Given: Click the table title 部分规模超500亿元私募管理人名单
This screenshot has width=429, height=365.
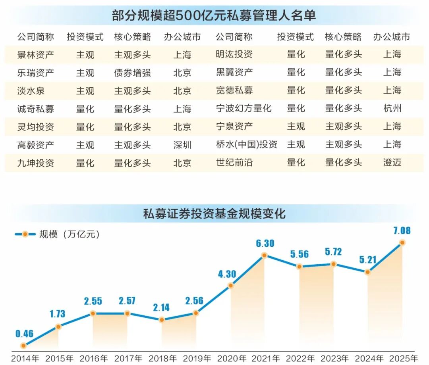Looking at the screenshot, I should tap(214, 15).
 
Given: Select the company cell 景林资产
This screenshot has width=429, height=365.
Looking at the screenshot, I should tap(36, 54).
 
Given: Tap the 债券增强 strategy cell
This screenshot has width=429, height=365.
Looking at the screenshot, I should tap(132, 73).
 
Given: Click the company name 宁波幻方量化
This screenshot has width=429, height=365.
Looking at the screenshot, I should tap(243, 108).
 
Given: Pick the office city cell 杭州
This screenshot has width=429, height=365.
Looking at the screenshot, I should tap(392, 108).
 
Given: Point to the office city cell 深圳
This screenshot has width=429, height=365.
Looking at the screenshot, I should tap(182, 145).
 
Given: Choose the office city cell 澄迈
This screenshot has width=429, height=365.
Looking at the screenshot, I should tap(392, 163).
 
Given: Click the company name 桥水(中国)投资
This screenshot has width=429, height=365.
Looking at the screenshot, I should tap(246, 145).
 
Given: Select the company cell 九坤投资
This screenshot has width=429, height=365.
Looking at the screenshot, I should tap(36, 163).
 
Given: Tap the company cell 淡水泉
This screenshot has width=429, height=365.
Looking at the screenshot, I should tap(31, 90).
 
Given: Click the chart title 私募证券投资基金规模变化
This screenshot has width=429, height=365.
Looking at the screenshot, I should tap(214, 214).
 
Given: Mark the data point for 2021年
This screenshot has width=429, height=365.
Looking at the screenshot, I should tap(265, 256).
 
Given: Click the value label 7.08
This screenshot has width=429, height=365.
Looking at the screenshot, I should tap(402, 231).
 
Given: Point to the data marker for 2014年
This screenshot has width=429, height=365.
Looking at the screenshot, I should tap(24, 346).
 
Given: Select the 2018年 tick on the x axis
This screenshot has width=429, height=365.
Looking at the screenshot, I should tap(162, 358).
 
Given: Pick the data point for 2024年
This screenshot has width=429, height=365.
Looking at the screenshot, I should tap(368, 272).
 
